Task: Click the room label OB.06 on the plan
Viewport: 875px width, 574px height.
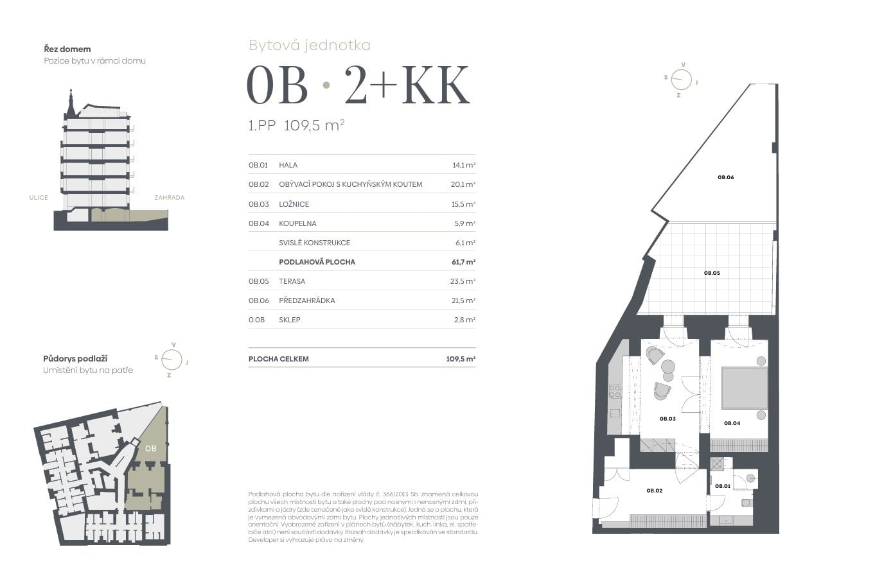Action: [726, 177]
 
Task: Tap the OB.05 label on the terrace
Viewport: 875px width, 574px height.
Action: [712, 273]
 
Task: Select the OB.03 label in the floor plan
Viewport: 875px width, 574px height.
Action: [667, 419]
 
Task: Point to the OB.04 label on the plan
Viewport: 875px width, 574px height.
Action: [732, 423]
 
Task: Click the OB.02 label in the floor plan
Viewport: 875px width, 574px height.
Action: [654, 491]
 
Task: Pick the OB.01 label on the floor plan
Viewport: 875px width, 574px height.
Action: [723, 486]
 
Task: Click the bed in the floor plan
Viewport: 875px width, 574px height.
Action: [745, 388]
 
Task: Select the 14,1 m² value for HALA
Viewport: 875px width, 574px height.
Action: [464, 165]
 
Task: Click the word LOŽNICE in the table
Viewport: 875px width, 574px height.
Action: [294, 204]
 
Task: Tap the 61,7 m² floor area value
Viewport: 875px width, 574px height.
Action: [464, 262]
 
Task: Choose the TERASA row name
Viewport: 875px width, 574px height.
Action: [292, 281]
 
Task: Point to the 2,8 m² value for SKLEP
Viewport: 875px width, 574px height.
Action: [465, 320]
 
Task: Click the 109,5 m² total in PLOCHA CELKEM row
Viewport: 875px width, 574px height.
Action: [461, 359]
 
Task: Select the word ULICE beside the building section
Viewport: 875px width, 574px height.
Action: [39, 198]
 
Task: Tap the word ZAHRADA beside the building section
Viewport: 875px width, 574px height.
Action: [170, 198]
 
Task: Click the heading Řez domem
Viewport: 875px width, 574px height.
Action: [67, 49]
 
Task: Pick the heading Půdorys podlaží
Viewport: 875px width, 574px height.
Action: [75, 358]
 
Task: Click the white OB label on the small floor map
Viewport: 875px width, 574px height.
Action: [151, 449]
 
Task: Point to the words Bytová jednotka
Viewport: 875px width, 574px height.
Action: [310, 46]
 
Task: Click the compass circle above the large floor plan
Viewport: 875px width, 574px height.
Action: [681, 80]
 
